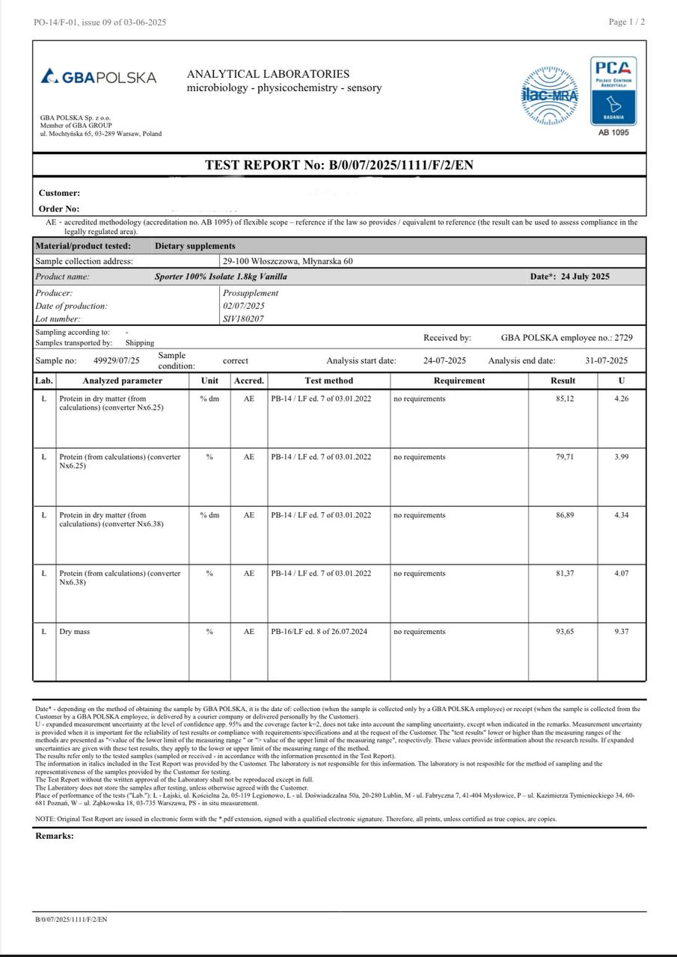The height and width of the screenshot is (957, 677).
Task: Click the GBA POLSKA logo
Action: (x=99, y=77)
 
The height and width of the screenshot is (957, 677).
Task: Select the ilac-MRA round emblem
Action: (x=549, y=96)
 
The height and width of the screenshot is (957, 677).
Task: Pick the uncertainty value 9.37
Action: (x=621, y=632)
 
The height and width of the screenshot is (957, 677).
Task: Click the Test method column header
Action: (x=328, y=381)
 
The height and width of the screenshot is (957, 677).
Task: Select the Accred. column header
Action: (x=248, y=381)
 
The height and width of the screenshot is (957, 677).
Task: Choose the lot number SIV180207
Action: (x=243, y=319)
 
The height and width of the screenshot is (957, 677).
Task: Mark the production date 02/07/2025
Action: (x=243, y=306)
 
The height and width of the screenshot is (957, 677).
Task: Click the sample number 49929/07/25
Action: (x=117, y=360)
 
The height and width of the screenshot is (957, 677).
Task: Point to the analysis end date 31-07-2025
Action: (x=606, y=360)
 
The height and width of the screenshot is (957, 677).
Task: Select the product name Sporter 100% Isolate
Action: (x=221, y=277)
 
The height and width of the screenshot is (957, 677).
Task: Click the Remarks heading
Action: (x=55, y=836)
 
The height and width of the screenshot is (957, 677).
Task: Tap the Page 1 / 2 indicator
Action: (x=627, y=22)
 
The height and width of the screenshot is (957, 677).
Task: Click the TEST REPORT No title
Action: (x=339, y=165)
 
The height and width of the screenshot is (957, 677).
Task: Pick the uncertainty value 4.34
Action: (x=621, y=515)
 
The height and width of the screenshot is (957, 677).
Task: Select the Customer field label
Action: (x=59, y=193)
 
